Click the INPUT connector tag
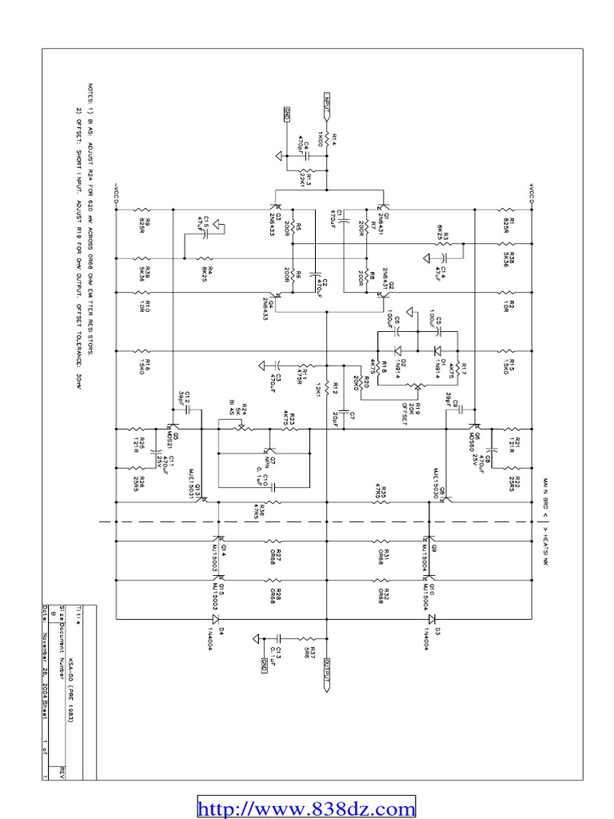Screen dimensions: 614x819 tap(327, 102)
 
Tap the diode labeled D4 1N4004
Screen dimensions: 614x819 tap(216, 618)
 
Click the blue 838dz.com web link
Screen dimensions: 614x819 tap(306, 808)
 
